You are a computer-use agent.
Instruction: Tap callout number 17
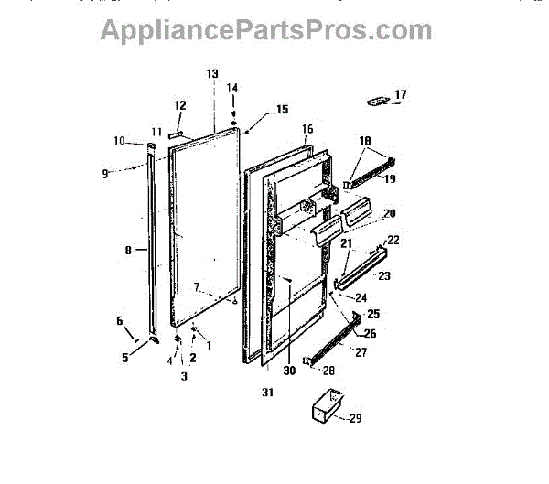point(400,94)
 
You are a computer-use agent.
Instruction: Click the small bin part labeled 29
point(325,405)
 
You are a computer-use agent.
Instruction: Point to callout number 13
point(212,73)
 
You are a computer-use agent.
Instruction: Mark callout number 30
point(289,371)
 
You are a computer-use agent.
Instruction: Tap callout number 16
point(307,129)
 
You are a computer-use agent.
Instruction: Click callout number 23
point(383,275)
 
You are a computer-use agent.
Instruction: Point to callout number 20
point(389,213)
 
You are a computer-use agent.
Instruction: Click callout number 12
point(180,105)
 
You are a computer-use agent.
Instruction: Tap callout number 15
point(282,110)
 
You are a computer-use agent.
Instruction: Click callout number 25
point(372,314)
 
